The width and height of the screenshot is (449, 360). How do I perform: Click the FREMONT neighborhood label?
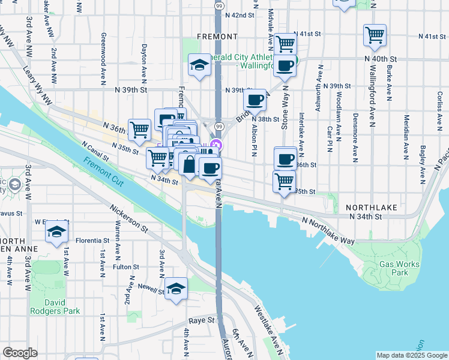click(217, 37)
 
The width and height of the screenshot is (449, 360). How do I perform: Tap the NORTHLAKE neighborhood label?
click(371, 207)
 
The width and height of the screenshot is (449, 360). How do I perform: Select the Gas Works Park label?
click(393, 268)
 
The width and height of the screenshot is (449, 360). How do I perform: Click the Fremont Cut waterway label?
click(104, 170)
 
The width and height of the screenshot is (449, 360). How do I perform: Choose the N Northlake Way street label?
click(328, 231)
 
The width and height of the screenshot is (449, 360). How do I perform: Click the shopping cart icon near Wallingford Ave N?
click(375, 35)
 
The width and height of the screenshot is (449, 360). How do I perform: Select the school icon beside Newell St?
click(176, 289)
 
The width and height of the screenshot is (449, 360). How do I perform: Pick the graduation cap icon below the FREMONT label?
click(199, 66)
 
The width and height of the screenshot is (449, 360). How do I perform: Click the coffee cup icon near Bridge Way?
click(256, 100)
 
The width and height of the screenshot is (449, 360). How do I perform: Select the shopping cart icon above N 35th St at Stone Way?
click(284, 181)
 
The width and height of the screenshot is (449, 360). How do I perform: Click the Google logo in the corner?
click(20, 352)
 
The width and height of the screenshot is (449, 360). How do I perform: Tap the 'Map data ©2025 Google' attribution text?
click(411, 355)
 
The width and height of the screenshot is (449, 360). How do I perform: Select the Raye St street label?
click(202, 321)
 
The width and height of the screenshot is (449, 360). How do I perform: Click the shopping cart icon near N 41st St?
click(286, 43)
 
